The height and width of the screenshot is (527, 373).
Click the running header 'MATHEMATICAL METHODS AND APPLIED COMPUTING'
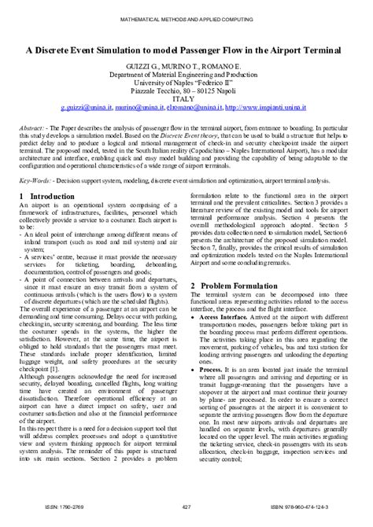click(x=186, y=16)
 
